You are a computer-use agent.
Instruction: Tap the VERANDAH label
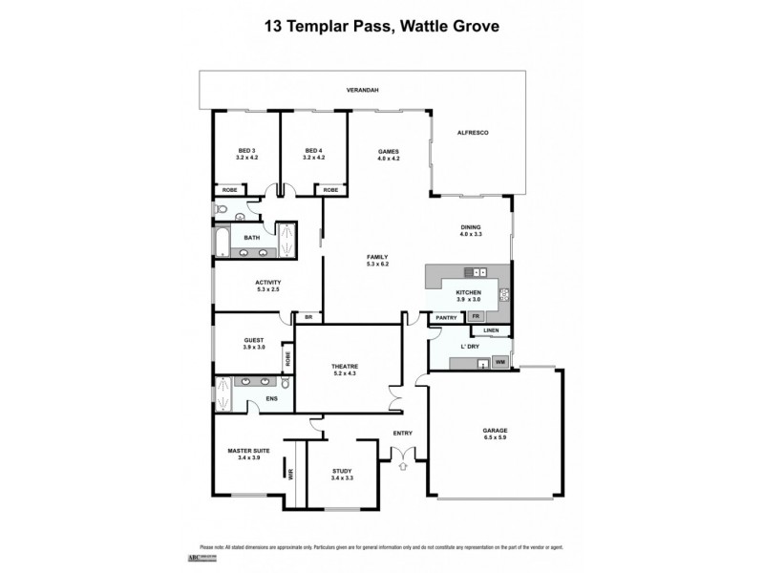[x=363, y=90]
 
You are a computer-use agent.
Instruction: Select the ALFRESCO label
[x=473, y=133]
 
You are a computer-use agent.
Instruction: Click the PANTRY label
[x=445, y=316]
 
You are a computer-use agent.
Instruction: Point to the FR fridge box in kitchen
[x=475, y=316]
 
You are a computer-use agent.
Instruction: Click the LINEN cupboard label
[x=491, y=331]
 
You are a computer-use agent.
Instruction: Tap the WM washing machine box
[x=499, y=363]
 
